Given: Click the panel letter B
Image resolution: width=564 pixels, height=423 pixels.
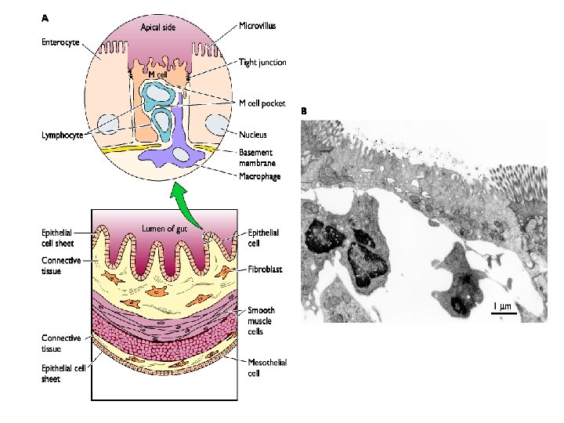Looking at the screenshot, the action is (305, 112).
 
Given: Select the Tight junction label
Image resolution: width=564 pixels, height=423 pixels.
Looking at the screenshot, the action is (262, 62).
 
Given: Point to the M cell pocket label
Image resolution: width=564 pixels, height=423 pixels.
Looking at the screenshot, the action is (262, 103).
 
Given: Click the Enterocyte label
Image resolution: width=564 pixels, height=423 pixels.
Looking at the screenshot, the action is (60, 42).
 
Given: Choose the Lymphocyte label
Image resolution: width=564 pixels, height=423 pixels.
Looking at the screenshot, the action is (63, 135).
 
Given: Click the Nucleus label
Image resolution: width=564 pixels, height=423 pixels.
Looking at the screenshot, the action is (253, 135).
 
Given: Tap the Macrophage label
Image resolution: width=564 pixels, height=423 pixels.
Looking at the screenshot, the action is (259, 176).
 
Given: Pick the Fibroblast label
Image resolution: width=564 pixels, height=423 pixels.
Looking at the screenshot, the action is (264, 269).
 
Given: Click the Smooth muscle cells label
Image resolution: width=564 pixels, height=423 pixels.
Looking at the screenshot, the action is (262, 321).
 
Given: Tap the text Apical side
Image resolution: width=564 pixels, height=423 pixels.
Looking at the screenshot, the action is (159, 27).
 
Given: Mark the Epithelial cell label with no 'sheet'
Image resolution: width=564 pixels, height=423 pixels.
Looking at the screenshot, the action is (263, 237).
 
